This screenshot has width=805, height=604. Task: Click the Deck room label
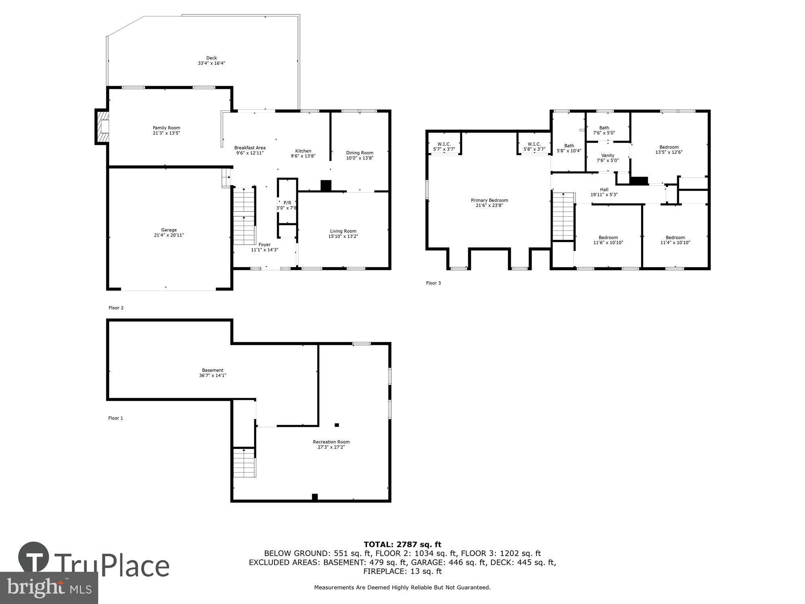click(x=211, y=58)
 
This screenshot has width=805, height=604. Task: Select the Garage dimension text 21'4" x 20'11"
click(x=169, y=235)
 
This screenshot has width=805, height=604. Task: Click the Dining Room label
click(x=359, y=153)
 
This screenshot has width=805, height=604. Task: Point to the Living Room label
click(x=343, y=231)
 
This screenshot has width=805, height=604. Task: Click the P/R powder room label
click(x=287, y=203)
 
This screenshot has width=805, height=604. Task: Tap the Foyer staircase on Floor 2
click(x=244, y=216)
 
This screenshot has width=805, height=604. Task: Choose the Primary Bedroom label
click(x=489, y=200)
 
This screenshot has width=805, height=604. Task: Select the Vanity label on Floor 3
click(x=607, y=155)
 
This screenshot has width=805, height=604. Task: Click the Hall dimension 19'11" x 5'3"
click(x=604, y=195)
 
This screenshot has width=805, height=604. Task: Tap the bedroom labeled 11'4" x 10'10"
click(x=675, y=240)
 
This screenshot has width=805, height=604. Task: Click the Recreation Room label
click(x=331, y=442)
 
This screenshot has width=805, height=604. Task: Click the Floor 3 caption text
click(x=433, y=283)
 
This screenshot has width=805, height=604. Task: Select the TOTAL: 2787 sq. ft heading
click(x=402, y=545)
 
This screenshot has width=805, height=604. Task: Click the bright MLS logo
click(x=49, y=587)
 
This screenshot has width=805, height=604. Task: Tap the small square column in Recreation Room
click(x=337, y=425)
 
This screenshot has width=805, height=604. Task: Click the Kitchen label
click(x=303, y=151)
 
